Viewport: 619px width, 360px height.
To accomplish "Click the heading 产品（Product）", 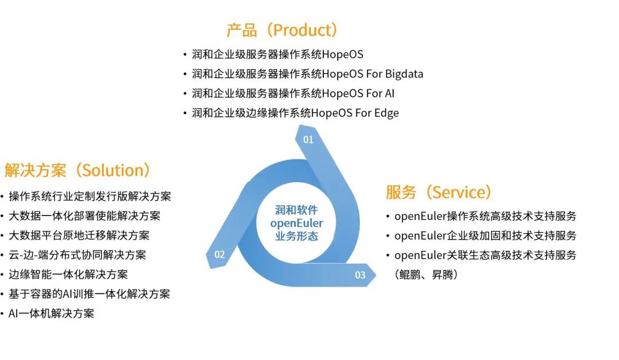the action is [x=283, y=30].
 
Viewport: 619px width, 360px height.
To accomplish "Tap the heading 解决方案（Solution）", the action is [x=78, y=170].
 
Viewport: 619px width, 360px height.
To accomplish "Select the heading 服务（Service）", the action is [x=439, y=192].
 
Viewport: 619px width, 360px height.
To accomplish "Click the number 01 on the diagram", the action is [x=308, y=139].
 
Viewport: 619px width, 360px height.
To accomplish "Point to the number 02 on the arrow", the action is [x=220, y=255].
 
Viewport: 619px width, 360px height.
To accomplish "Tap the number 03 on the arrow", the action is [x=360, y=275].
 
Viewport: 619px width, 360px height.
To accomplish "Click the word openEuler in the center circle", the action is [x=296, y=223].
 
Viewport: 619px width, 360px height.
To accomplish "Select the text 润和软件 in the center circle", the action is [x=296, y=210].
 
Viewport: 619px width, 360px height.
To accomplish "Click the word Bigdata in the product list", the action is [x=404, y=74].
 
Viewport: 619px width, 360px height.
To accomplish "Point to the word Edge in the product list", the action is [x=386, y=113].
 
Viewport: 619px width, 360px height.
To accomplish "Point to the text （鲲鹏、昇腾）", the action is [x=425, y=275].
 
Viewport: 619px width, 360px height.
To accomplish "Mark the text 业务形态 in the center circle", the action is [x=296, y=236].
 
